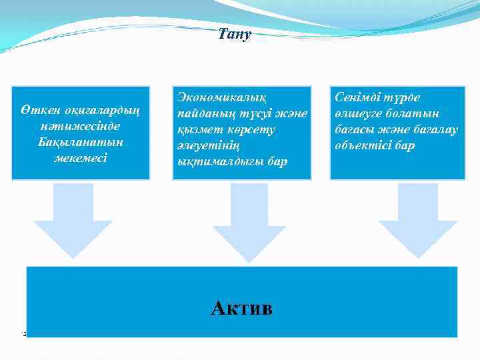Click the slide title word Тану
(x=234, y=34)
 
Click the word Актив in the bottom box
(x=241, y=308)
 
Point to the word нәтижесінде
(x=80, y=126)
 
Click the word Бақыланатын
(x=80, y=142)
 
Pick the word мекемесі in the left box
(x=80, y=158)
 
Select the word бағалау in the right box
(x=434, y=130)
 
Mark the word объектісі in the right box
(x=363, y=146)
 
